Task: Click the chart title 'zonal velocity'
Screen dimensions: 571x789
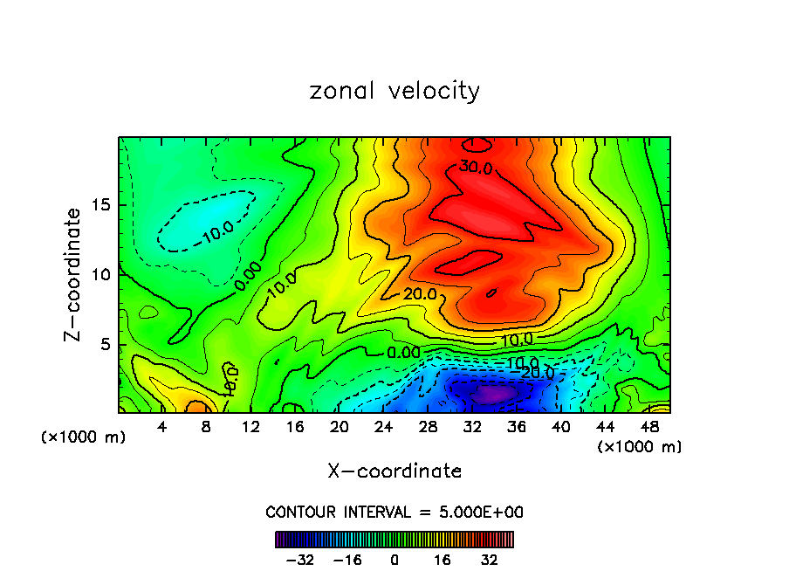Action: (394, 91)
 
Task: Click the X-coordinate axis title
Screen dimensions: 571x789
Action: (394, 471)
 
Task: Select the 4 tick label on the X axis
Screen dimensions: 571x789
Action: (162, 427)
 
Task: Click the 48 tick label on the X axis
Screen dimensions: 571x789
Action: (648, 427)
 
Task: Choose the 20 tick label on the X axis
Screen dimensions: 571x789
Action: (340, 427)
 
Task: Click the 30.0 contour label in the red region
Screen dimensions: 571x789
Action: (477, 168)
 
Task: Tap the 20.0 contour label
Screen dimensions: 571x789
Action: (420, 294)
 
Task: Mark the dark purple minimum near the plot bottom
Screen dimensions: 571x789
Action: (491, 394)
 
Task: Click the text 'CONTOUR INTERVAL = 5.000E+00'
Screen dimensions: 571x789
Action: (394, 512)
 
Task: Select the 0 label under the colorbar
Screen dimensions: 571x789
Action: (394, 560)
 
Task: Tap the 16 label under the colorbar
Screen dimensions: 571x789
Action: (442, 560)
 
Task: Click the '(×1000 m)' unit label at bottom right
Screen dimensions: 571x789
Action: (640, 447)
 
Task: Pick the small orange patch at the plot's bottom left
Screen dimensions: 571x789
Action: (197, 406)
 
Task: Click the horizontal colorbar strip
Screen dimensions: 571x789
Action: (394, 540)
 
